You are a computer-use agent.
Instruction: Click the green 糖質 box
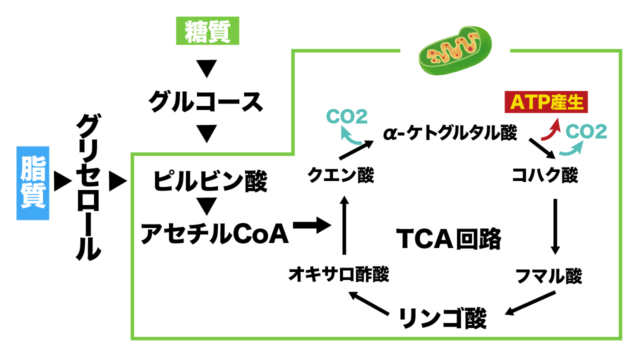208,31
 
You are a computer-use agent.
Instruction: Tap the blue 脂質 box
33,183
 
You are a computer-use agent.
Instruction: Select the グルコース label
205,101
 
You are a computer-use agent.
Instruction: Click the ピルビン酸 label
210,181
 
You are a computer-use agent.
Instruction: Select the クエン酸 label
340,175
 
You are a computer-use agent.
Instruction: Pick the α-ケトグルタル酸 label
450,133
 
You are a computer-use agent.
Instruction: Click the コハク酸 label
545,175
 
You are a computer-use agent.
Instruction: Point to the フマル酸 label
549,275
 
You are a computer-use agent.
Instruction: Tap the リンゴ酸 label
442,318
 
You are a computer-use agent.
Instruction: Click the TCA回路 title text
448,238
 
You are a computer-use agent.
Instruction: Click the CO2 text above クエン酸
346,116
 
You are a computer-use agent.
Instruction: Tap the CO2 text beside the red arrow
586,131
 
